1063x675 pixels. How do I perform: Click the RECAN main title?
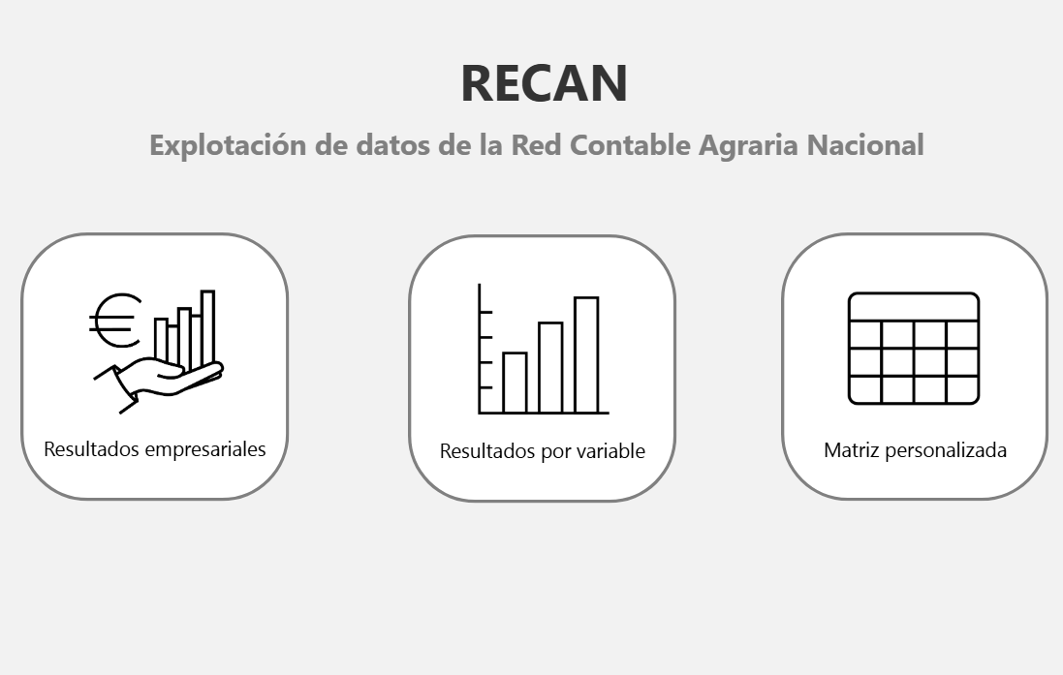544,83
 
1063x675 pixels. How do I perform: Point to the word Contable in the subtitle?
631,145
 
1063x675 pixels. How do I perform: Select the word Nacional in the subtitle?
865,145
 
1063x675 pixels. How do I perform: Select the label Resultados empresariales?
155,449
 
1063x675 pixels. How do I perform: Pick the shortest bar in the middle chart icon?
515,383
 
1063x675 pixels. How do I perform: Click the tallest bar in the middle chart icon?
586,354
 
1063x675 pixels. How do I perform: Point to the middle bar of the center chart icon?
550,367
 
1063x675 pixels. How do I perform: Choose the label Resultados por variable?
543,451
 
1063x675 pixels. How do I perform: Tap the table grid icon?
914,349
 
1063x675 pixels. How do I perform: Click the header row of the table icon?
914,307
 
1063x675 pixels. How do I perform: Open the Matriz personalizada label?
915,450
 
